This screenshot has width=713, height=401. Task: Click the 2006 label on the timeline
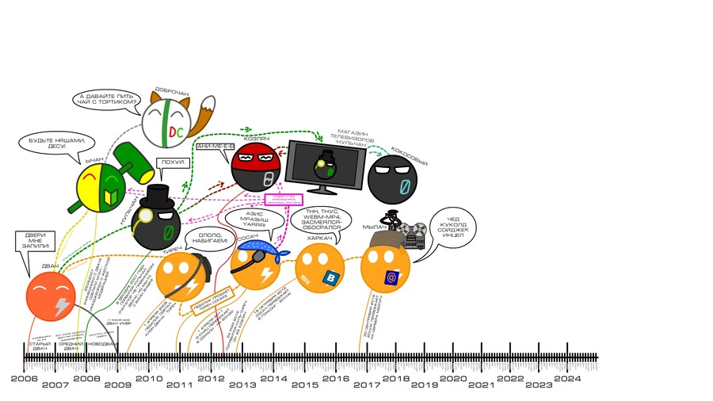pos(24,379)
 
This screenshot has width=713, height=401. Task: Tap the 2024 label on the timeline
pos(567,379)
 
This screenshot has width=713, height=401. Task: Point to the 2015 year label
pos(304,385)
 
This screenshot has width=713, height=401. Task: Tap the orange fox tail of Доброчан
pos(208,117)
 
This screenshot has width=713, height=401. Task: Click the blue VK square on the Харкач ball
pos(328,277)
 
